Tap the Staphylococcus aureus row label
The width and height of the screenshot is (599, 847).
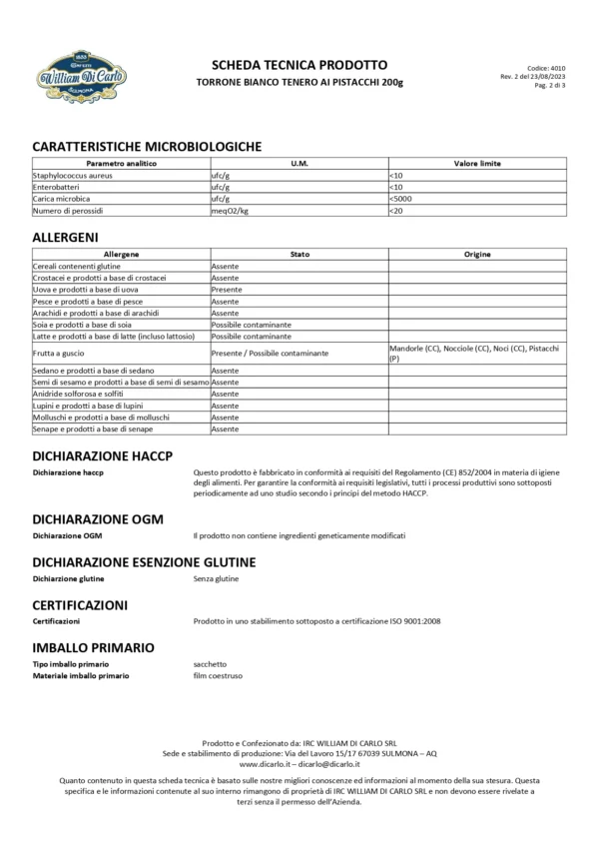(x=73, y=175)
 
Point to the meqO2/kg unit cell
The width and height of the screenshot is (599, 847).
(x=230, y=211)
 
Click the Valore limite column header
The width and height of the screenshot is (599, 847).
(x=477, y=163)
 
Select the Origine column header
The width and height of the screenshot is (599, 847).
(x=477, y=255)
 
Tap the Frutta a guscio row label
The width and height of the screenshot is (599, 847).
(x=57, y=353)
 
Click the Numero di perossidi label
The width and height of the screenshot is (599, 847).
(x=69, y=211)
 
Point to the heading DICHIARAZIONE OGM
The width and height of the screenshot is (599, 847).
(x=98, y=519)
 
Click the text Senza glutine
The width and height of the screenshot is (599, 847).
(x=216, y=578)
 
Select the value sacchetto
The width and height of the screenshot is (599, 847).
(x=211, y=664)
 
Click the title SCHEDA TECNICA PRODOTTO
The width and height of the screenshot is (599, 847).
(x=299, y=64)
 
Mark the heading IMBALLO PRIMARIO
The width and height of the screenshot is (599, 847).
(x=93, y=647)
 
